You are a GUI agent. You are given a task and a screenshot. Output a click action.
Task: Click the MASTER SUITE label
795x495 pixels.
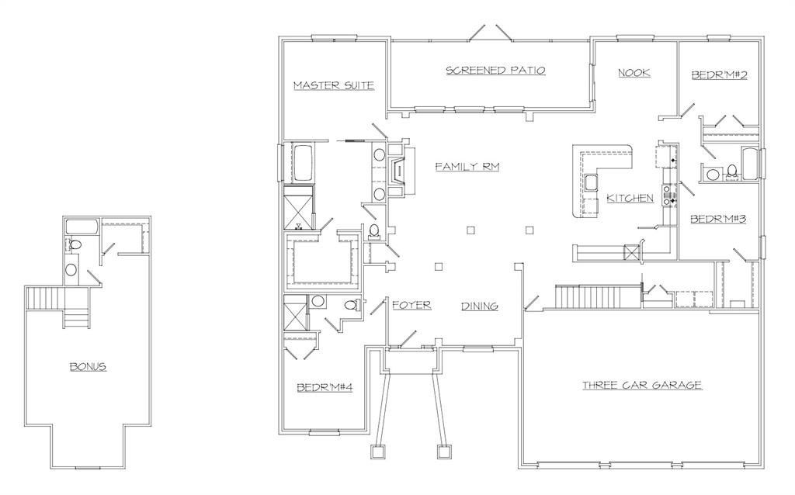coord(334,85)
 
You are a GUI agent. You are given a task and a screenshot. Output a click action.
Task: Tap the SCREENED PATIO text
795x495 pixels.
coord(495,71)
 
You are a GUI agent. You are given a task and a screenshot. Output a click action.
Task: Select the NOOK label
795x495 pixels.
coord(634,73)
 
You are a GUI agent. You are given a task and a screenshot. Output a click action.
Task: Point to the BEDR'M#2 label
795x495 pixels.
coord(719,75)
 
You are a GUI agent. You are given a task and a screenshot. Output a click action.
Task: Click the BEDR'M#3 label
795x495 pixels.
coord(718,220)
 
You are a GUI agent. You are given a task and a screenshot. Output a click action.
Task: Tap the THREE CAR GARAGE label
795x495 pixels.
coord(642,385)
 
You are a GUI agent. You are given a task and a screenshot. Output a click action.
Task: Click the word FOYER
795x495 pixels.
coord(411,306)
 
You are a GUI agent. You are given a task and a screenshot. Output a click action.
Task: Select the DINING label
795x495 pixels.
coord(480,306)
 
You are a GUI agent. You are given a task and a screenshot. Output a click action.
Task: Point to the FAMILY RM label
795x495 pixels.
coord(467,167)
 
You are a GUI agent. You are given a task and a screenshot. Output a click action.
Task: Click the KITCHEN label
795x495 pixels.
coord(630,199)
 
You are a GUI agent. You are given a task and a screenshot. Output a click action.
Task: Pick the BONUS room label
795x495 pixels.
coord(88,366)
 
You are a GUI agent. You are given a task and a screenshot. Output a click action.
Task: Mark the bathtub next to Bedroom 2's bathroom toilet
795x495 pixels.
coord(751,164)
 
